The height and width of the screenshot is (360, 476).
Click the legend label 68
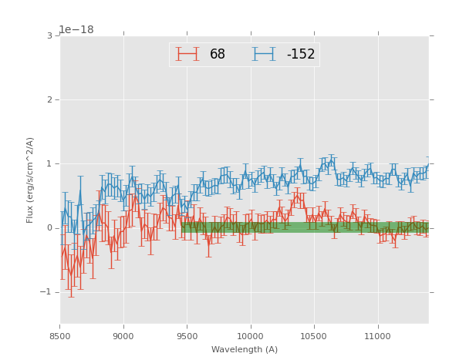217,55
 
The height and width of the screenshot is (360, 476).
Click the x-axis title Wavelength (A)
245,350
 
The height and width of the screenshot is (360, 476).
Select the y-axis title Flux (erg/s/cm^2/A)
30,180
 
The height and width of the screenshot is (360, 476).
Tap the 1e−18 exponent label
76,30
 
